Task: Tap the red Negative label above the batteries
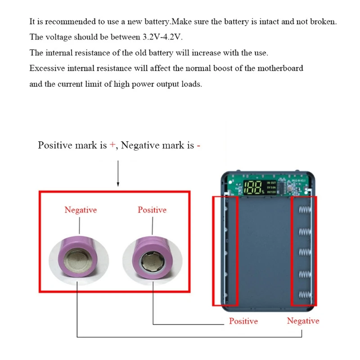[x=81, y=210]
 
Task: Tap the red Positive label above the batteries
[x=152, y=210]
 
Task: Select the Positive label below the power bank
[x=243, y=321]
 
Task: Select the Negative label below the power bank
[x=303, y=321]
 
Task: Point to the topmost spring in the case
[x=305, y=210]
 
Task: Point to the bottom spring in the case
[x=305, y=295]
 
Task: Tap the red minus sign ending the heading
[x=198, y=145]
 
